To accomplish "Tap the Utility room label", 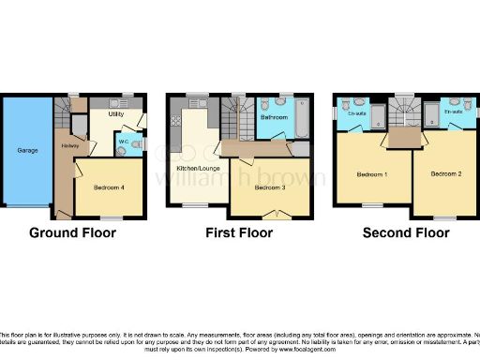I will [116, 114].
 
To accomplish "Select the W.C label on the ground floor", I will [123, 142].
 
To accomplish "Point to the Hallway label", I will [69, 146].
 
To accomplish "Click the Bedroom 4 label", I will [112, 187].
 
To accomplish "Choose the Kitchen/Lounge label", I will [196, 169].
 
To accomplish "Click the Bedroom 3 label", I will [271, 187].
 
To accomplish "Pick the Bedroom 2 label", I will [447, 174].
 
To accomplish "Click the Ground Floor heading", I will [74, 232].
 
